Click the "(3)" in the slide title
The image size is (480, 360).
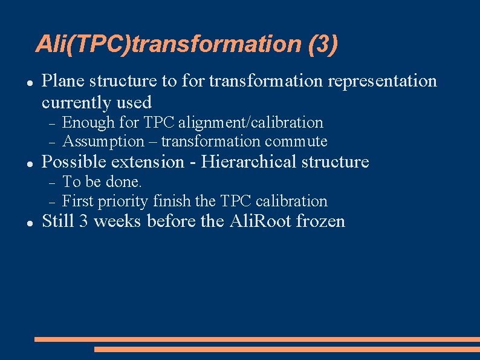(x=323, y=44)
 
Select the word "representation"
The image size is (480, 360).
(x=381, y=80)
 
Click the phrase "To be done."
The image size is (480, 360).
(x=102, y=182)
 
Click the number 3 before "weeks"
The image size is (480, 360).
(x=83, y=221)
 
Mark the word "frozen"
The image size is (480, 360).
(x=323, y=221)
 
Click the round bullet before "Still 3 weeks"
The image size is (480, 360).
(x=29, y=223)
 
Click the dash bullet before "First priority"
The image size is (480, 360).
(x=52, y=201)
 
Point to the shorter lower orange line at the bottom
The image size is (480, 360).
(x=287, y=349)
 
